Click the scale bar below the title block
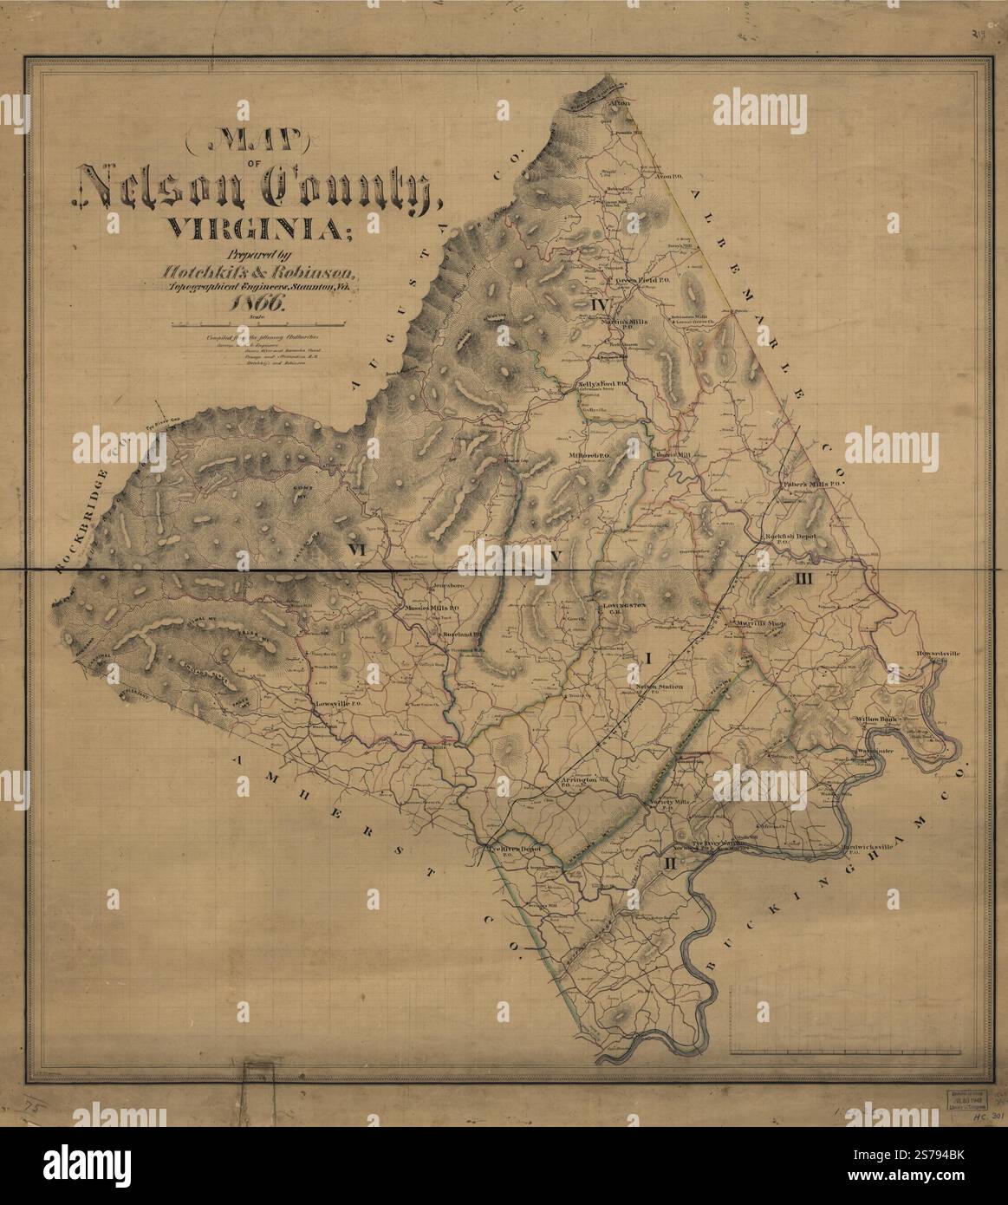pyautogui.click(x=259, y=324)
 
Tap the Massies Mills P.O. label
pyautogui.click(x=425, y=608)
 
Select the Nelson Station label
pyautogui.click(x=660, y=687)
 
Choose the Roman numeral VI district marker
pyautogui.click(x=357, y=550)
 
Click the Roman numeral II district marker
pyautogui.click(x=669, y=864)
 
